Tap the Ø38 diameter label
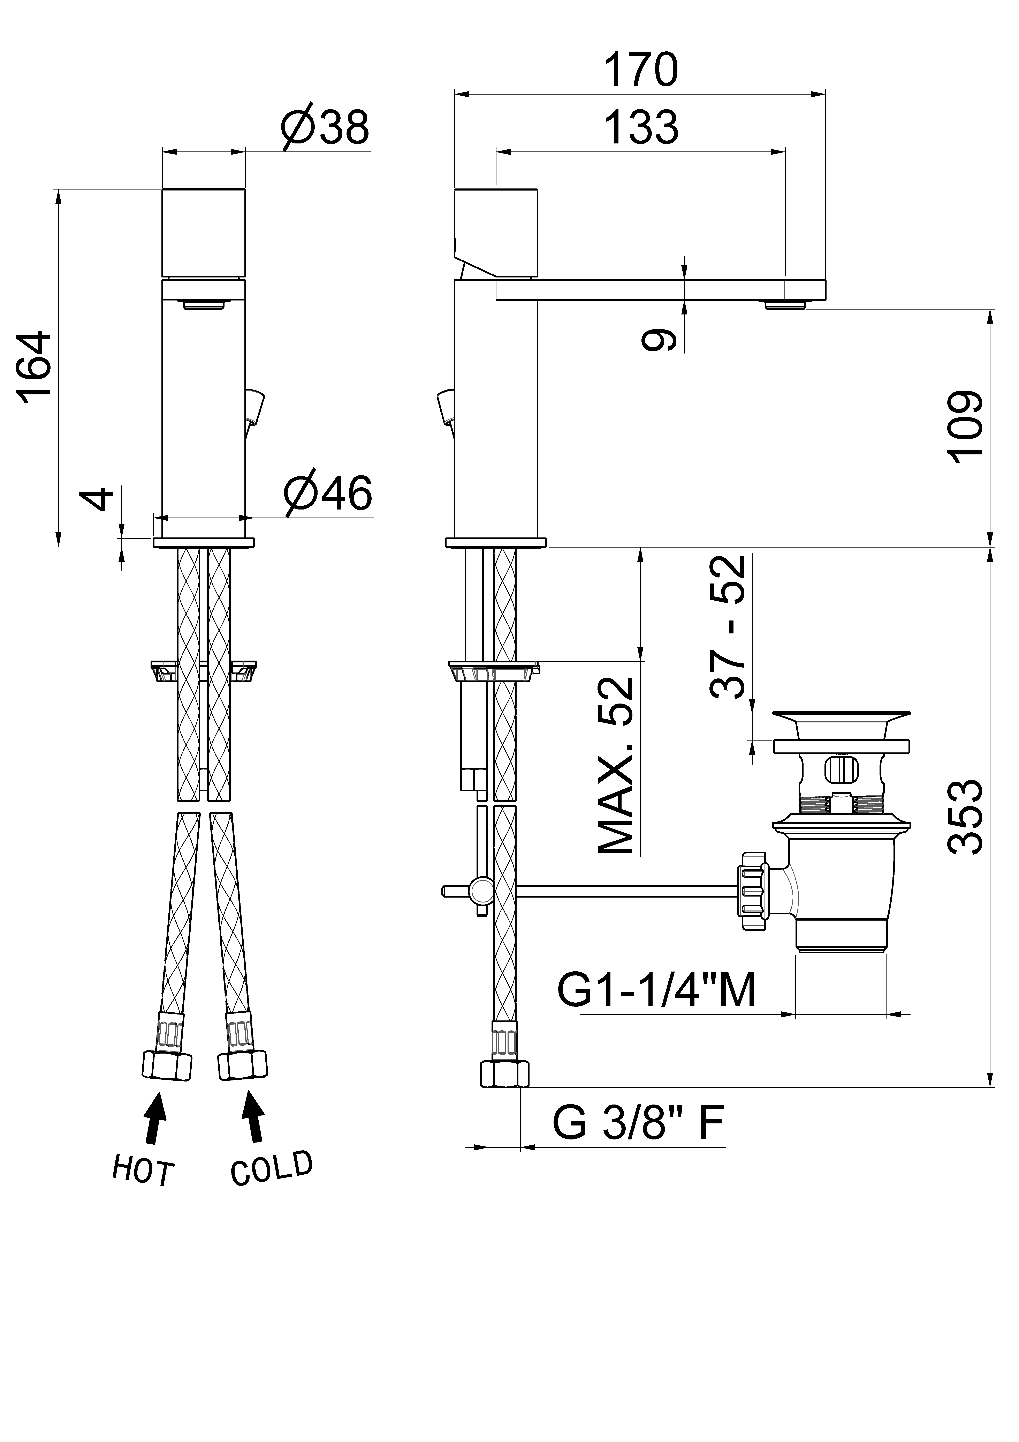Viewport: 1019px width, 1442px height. coord(325,127)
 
